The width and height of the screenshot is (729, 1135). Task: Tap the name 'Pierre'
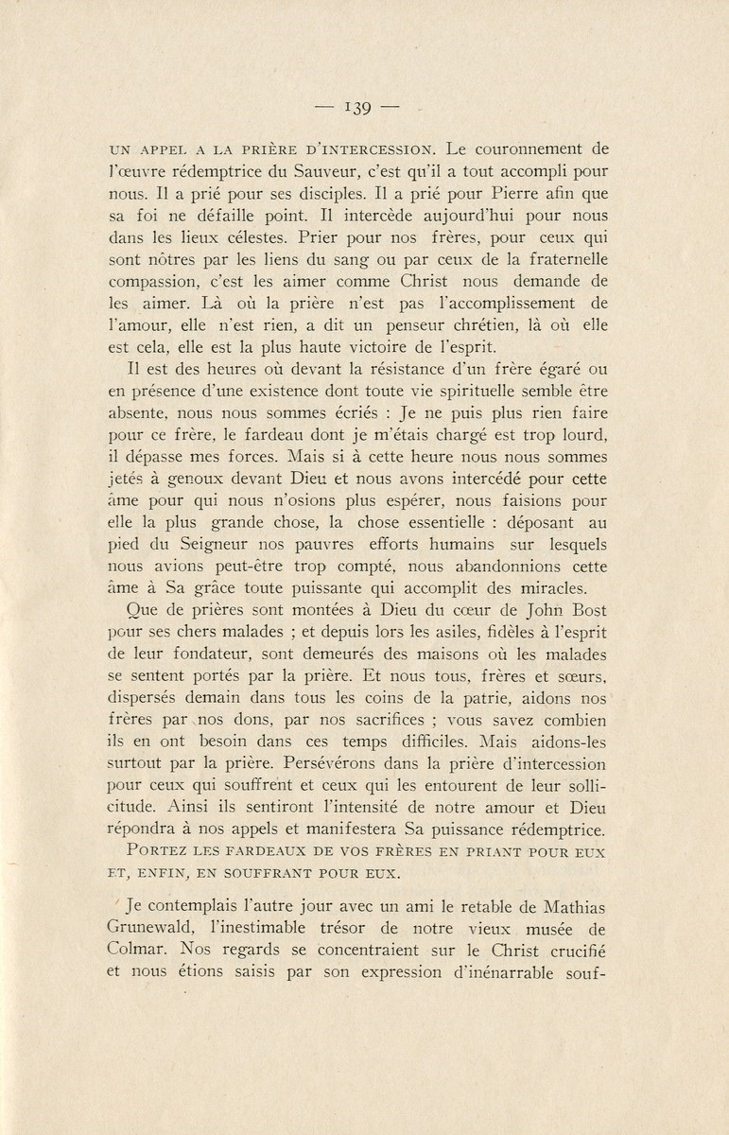coord(506,194)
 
